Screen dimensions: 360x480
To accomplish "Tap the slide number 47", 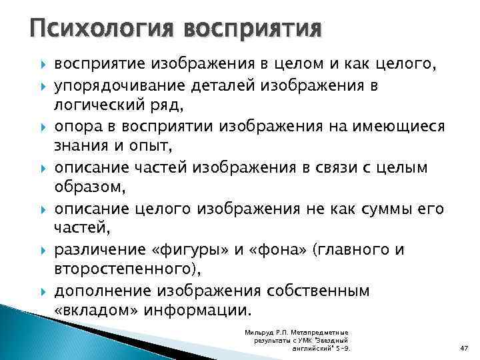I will pyautogui.click(x=464, y=349).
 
